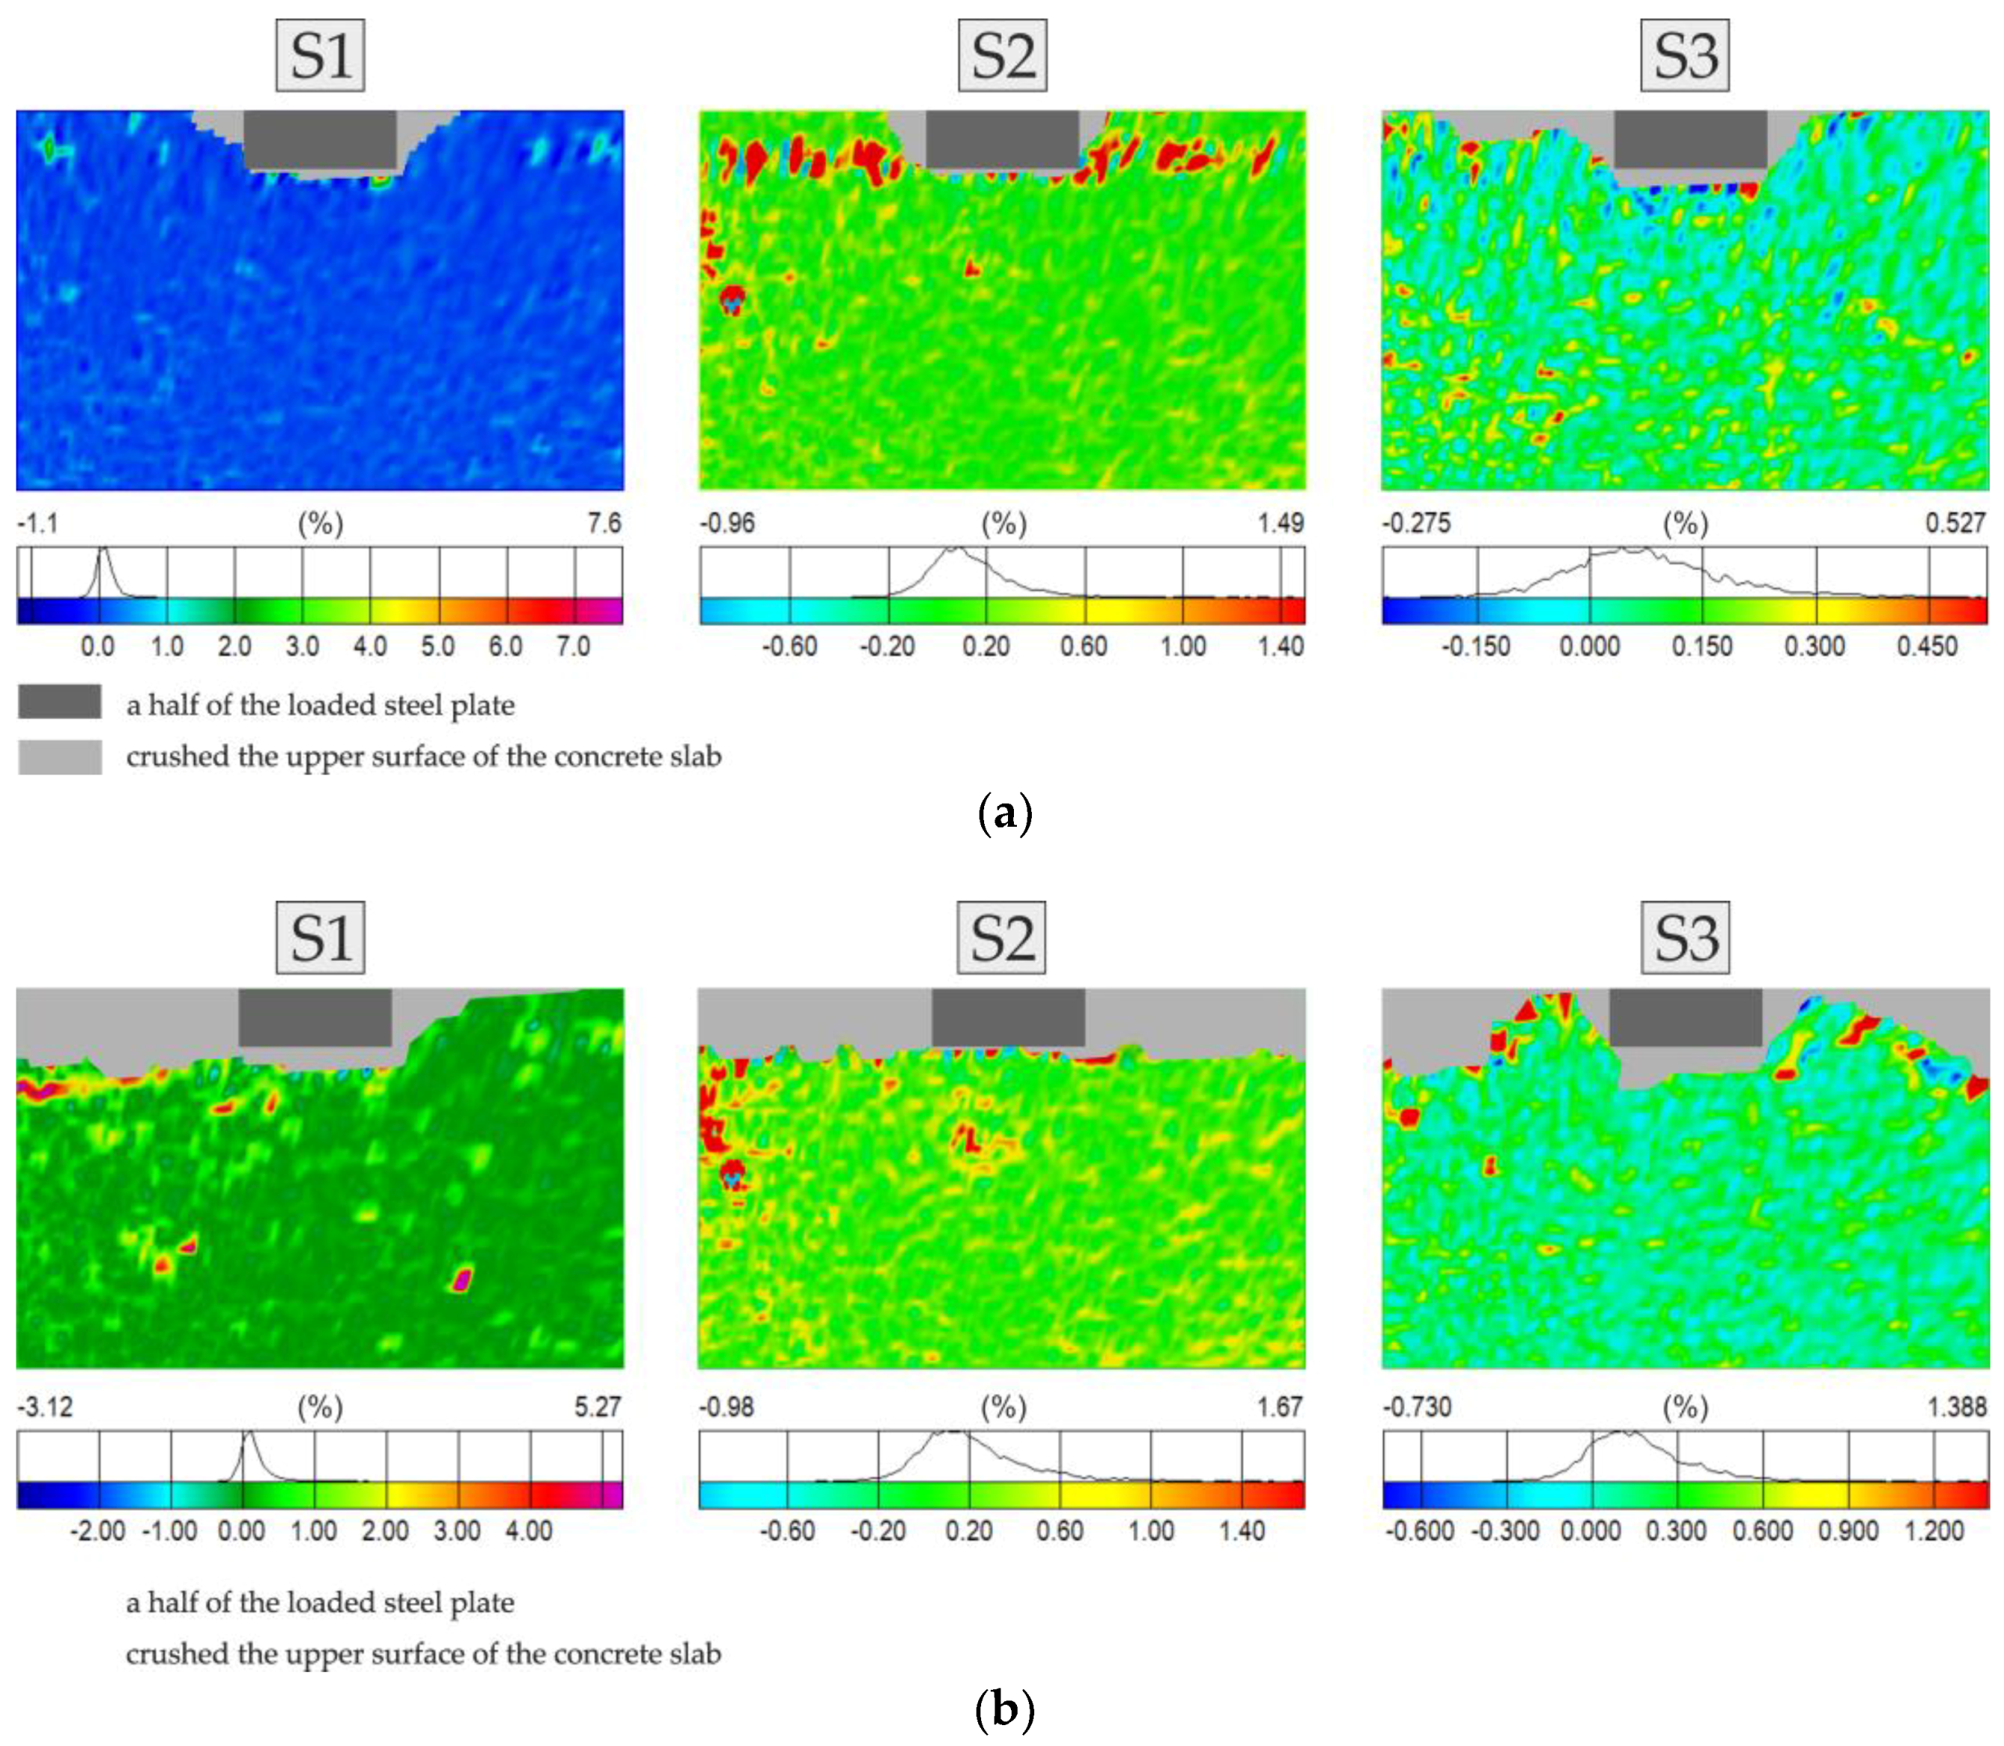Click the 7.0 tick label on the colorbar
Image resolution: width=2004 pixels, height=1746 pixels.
pos(573,646)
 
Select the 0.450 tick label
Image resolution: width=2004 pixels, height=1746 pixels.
pos(1926,646)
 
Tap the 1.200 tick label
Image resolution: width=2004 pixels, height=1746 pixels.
pos(1933,1530)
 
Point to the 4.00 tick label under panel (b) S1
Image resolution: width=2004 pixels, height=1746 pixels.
pos(529,1530)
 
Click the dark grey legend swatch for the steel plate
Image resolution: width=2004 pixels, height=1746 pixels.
pos(60,701)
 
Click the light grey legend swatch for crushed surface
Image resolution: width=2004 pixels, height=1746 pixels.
pos(60,757)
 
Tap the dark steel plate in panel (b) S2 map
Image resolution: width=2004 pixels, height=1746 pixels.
pos(1007,1016)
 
